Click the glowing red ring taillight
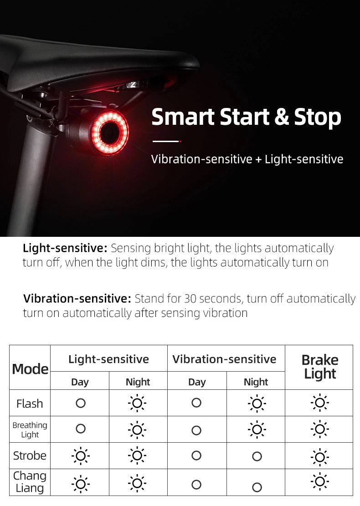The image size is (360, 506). (109, 133)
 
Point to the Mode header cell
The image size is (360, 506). (30, 368)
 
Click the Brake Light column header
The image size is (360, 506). (320, 367)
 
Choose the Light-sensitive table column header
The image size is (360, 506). (109, 359)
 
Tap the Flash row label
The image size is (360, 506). (30, 404)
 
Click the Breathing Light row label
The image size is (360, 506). (30, 429)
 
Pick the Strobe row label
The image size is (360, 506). (30, 455)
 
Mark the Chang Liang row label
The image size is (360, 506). (30, 482)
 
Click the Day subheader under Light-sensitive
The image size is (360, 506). (80, 382)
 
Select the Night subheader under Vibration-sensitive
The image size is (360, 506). (256, 382)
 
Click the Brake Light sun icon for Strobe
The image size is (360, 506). (320, 456)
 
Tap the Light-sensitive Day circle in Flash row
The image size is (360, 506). (81, 403)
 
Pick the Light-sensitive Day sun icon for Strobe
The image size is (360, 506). (81, 455)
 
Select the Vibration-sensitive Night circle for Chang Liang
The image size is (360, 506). (257, 487)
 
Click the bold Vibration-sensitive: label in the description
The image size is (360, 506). (77, 299)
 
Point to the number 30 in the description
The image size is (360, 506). (190, 299)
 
